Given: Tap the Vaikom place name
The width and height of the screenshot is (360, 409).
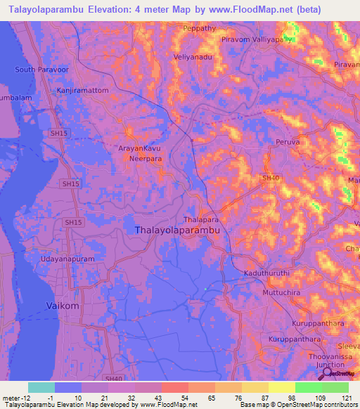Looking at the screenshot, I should (x=62, y=306).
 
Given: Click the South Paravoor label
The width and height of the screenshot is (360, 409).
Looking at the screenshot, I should (x=44, y=70).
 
